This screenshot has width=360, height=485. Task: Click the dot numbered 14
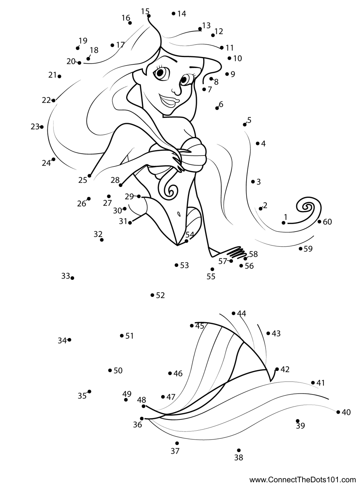pyautogui.click(x=174, y=14)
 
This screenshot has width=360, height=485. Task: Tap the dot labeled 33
pyautogui.click(x=73, y=278)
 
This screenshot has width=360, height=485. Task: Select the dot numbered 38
pyautogui.click(x=238, y=450)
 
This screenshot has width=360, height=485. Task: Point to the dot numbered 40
pyautogui.click(x=338, y=412)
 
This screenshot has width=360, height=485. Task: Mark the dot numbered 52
pyautogui.click(x=152, y=295)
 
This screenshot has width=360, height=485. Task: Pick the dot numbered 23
pyautogui.click(x=42, y=127)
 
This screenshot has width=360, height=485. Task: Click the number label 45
pyautogui.click(x=200, y=326)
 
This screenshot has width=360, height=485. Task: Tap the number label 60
pyautogui.click(x=327, y=222)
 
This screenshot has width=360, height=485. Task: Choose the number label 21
pyautogui.click(x=52, y=75)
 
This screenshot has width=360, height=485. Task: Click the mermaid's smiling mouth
pyautogui.click(x=170, y=102)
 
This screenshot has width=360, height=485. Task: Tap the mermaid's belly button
pyautogui.click(x=179, y=214)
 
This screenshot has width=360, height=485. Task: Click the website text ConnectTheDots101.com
pyautogui.click(x=303, y=480)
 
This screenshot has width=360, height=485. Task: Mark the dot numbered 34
pyautogui.click(x=70, y=340)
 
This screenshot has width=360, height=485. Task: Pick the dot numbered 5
pyautogui.click(x=245, y=125)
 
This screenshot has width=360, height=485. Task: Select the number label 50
pyautogui.click(x=118, y=371)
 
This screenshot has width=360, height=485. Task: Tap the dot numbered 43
pyautogui.click(x=268, y=333)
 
